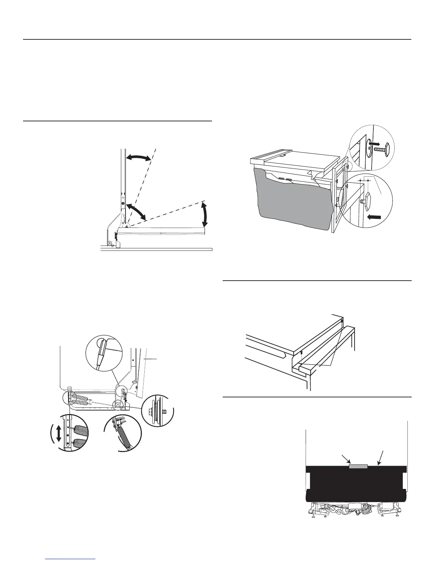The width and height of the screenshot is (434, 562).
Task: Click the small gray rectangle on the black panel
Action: pyautogui.click(x=358, y=466)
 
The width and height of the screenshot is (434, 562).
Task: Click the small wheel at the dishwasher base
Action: pyautogui.click(x=110, y=243)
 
